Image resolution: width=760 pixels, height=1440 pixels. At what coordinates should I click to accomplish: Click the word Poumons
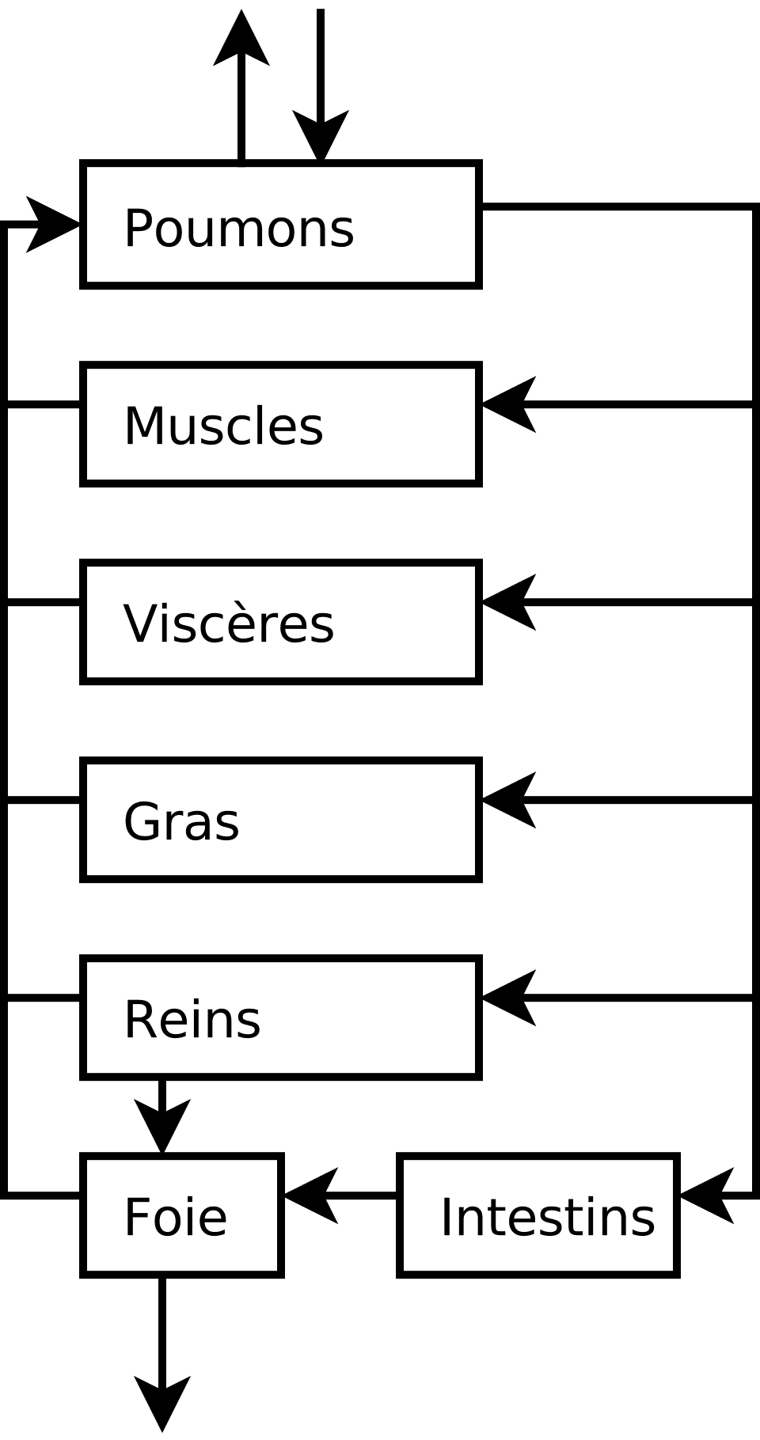pyautogui.click(x=238, y=229)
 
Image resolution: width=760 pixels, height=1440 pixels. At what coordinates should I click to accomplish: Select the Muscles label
pyautogui.click(x=223, y=426)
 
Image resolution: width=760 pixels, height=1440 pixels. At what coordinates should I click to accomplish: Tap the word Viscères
pyautogui.click(x=229, y=623)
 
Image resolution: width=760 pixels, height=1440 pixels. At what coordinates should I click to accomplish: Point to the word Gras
pyautogui.click(x=180, y=821)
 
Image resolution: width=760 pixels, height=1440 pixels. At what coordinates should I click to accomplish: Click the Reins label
pyautogui.click(x=192, y=1019)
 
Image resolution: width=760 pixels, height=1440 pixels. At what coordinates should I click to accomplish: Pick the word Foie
pyautogui.click(x=175, y=1217)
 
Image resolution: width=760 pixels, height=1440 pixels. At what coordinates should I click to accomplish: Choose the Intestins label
pyautogui.click(x=547, y=1217)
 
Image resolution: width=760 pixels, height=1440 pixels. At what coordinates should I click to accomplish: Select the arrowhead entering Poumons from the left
pyautogui.click(x=51, y=225)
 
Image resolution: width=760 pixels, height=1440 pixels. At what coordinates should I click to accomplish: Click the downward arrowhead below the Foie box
pyautogui.click(x=162, y=1400)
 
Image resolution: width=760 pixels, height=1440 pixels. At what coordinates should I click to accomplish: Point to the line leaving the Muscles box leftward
pyautogui.click(x=44, y=405)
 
